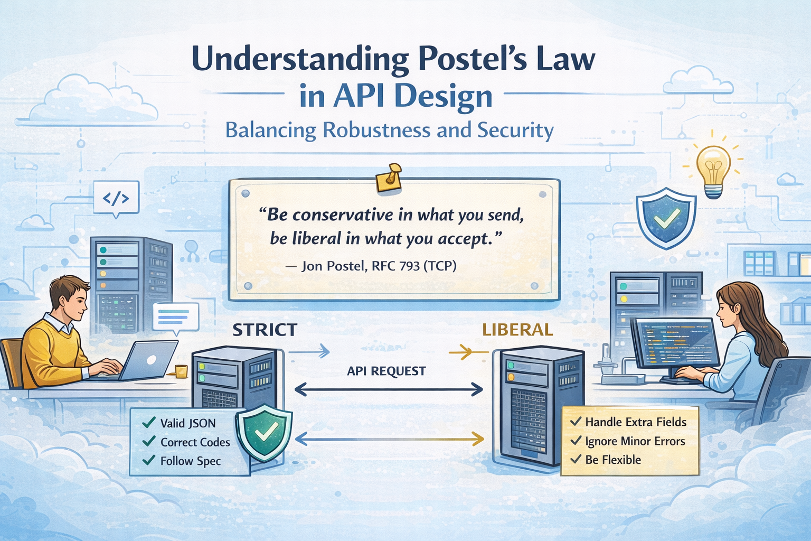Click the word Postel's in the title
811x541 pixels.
(472, 59)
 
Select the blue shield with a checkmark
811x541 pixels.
(666, 217)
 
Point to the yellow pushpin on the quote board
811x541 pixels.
(390, 177)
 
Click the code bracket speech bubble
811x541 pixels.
(116, 199)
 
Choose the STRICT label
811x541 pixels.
(265, 330)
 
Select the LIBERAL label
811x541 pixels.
(517, 330)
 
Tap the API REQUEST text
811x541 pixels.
(386, 371)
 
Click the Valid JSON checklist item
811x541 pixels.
(187, 423)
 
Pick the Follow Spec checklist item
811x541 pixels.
(190, 461)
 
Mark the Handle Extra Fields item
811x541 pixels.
(635, 422)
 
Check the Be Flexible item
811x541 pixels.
(612, 460)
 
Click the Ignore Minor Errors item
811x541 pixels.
(635, 441)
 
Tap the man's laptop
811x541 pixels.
(149, 360)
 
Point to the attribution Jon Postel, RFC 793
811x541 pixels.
(378, 266)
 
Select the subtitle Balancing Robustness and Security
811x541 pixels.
(389, 130)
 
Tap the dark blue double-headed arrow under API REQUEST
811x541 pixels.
(389, 390)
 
